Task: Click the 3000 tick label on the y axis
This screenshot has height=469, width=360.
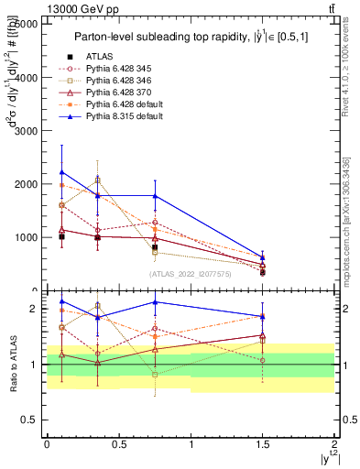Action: point(28,131)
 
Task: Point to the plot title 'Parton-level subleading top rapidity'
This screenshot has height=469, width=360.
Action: point(188,37)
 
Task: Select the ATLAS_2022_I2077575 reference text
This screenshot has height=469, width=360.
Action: point(191,274)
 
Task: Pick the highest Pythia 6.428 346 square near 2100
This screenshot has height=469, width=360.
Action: point(97,180)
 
